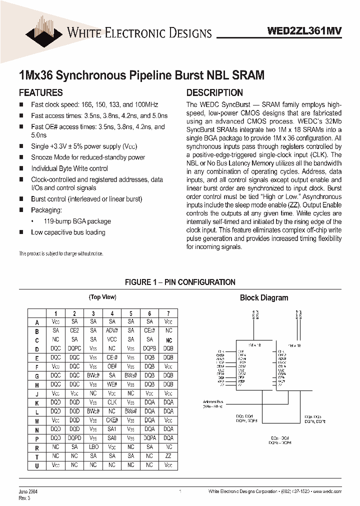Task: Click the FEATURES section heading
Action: (x=40, y=93)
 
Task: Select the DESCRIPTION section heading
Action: (x=214, y=93)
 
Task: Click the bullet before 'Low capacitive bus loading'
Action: (x=21, y=232)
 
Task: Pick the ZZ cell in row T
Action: (x=168, y=456)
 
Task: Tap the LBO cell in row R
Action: (x=93, y=447)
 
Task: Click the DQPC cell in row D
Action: (x=74, y=348)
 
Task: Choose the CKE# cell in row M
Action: (x=112, y=420)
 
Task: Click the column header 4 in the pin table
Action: (x=112, y=313)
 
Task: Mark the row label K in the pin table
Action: (x=37, y=402)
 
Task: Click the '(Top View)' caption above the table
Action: (x=102, y=297)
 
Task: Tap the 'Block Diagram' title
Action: (x=264, y=298)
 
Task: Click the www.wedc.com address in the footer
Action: (x=328, y=492)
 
